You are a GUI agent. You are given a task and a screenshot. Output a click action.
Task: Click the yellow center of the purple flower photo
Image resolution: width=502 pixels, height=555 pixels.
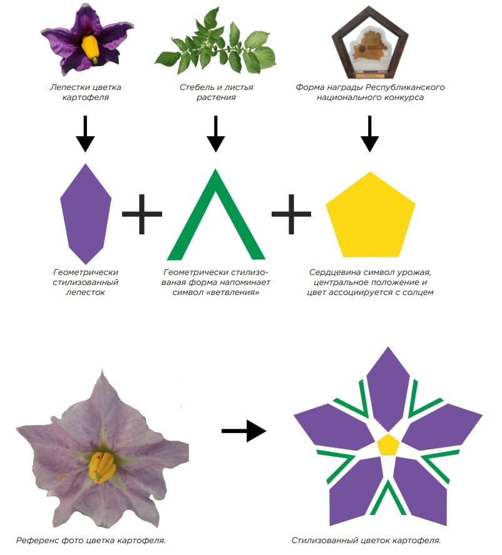tap(91, 47)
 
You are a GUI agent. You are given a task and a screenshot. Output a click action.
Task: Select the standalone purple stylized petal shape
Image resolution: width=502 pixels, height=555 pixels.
tap(86, 214)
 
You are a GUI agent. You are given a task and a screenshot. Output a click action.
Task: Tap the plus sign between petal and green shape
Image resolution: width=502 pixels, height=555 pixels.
tap(142, 214)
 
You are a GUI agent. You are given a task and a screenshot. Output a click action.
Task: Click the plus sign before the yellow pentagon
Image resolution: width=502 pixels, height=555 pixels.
tap(291, 214)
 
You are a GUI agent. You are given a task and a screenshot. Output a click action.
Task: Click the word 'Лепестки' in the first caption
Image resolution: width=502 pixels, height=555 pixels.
tap(68, 87)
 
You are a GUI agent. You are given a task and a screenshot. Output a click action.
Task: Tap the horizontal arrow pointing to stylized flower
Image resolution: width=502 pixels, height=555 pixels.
tap(243, 431)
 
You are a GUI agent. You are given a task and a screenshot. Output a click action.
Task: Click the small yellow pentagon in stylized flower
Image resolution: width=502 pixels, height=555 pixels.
tap(388, 444)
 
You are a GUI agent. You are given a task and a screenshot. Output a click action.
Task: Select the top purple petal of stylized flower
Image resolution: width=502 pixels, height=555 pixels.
tap(387, 387)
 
